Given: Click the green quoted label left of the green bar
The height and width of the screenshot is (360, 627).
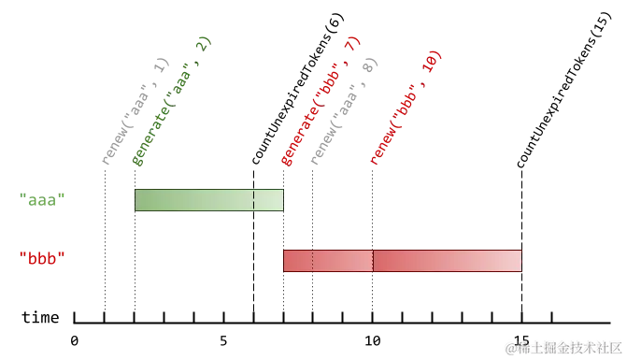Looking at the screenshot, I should click(42, 198).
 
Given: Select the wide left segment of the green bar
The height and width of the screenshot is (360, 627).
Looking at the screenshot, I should click(193, 200).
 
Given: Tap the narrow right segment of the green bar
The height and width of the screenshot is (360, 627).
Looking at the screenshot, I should click(268, 200).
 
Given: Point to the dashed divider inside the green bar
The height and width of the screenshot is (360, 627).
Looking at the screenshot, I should click(254, 200).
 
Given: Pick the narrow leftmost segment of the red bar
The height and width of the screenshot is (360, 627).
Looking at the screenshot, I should click(298, 261).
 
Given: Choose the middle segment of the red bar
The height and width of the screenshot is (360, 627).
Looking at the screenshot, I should click(343, 261).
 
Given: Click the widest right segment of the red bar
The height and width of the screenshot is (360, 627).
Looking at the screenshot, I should click(447, 261).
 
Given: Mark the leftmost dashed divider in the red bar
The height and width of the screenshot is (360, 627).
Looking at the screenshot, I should click(313, 261).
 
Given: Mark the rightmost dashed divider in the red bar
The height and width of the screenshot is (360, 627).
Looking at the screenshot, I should click(373, 261).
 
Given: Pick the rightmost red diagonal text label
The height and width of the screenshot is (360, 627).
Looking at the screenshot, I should click(405, 108).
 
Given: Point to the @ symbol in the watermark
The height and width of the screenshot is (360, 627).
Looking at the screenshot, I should click(510, 347).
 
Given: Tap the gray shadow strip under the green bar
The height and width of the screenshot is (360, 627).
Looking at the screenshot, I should click(208, 214).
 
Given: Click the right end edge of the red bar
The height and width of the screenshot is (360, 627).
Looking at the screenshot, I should click(521, 261).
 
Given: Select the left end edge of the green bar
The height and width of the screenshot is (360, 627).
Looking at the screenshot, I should click(135, 200).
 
